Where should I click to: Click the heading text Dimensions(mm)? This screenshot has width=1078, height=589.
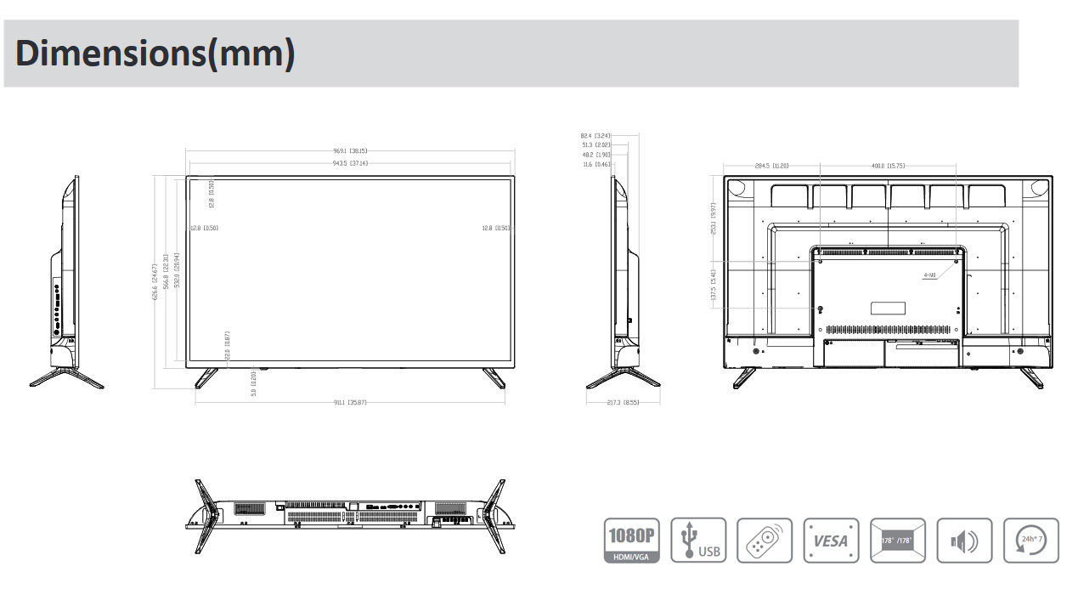(x=155, y=54)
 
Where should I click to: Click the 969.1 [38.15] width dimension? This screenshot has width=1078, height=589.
(x=350, y=151)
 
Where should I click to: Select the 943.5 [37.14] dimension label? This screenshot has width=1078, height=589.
(x=350, y=163)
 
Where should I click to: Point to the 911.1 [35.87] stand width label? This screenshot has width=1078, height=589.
(x=350, y=402)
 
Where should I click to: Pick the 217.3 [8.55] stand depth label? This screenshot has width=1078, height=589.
(x=623, y=402)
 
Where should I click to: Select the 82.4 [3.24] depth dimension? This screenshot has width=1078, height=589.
(x=595, y=136)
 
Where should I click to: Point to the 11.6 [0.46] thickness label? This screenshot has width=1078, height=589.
(x=595, y=164)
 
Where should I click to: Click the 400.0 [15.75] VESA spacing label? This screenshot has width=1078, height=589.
(x=888, y=166)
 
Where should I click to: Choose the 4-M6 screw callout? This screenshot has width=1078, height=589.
(x=930, y=275)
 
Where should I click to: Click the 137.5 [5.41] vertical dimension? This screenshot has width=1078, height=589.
(x=714, y=288)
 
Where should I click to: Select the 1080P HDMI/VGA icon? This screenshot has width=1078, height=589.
(x=632, y=541)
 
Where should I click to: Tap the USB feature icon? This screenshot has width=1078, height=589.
(x=698, y=541)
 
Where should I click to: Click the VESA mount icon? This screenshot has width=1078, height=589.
(x=831, y=541)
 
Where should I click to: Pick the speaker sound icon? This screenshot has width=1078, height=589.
(x=964, y=541)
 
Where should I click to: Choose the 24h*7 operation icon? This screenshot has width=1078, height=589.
(x=1031, y=541)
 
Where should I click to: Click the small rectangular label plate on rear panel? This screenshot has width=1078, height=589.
(x=888, y=308)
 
